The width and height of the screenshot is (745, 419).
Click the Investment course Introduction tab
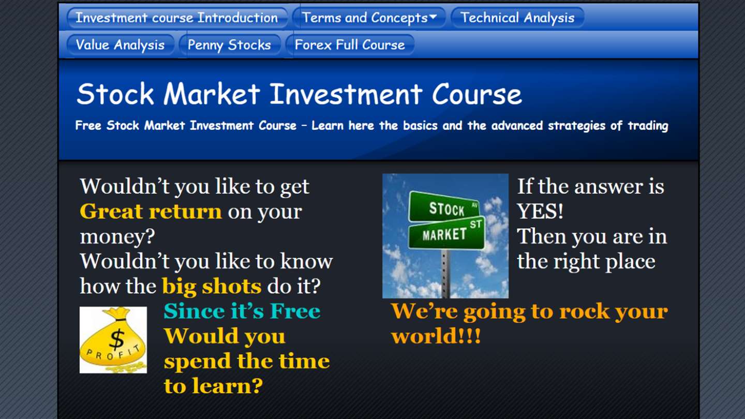click(x=177, y=18)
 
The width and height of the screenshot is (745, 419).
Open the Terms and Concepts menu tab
click(x=369, y=18)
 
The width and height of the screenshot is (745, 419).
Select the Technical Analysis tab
click(x=517, y=18)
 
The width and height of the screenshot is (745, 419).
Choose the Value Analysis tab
click(x=121, y=44)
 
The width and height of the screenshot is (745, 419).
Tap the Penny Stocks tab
click(x=230, y=44)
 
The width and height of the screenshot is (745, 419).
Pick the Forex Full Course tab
click(x=350, y=44)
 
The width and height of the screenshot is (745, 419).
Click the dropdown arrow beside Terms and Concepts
click(x=433, y=17)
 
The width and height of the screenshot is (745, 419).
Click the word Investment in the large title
click(x=346, y=94)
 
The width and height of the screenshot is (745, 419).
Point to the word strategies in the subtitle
click(x=576, y=126)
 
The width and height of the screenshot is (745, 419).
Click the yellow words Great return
click(x=151, y=212)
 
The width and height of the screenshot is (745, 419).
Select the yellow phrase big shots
click(x=212, y=287)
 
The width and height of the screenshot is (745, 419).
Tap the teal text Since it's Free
click(x=242, y=311)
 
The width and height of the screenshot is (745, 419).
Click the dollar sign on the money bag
click(x=117, y=339)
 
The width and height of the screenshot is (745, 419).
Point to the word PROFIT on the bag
click(x=113, y=353)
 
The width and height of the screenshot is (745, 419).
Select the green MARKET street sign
click(x=446, y=233)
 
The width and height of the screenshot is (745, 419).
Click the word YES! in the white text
click(x=540, y=212)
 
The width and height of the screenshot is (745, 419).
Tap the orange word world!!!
click(x=436, y=336)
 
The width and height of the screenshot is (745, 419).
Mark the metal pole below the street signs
click(x=445, y=273)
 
